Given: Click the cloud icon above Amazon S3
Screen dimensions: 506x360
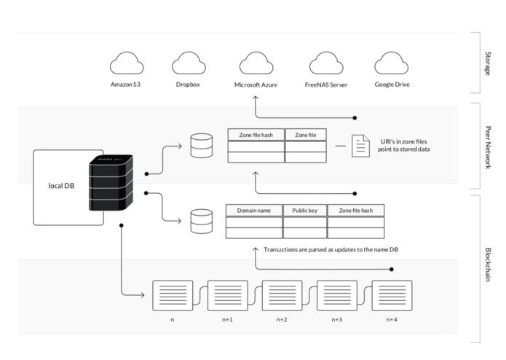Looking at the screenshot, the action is pos(127,63).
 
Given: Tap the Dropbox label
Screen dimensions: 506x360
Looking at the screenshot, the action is pos(188,85).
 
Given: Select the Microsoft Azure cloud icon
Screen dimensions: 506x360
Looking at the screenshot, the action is pos(256,63).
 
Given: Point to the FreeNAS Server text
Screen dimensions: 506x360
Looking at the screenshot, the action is pos(326,85).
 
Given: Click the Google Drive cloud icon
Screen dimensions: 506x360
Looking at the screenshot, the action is pos(392,63).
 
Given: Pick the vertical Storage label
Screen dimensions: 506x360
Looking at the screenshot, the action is pos(489,63).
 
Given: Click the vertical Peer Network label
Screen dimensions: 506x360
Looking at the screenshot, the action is pos(489,147).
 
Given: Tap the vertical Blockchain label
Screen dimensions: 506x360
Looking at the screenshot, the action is pos(489,265).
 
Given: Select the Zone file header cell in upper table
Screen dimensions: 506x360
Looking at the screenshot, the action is pos(306,135).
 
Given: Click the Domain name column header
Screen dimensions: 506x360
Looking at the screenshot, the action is pos(254,211).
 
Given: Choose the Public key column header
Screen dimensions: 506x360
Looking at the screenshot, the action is pos(305,211).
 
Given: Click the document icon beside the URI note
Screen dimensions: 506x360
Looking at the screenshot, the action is pos(360,146).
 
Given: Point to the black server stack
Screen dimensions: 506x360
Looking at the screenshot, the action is pos(111,183).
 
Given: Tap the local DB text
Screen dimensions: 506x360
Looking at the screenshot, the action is pos(61,186).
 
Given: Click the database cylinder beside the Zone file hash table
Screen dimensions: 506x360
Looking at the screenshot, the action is pos(202,146).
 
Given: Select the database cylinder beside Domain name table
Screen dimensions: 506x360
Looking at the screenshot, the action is pos(202,221).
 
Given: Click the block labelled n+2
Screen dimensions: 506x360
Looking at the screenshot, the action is pos(282,295).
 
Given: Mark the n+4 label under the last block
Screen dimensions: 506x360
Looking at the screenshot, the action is pos(392,320).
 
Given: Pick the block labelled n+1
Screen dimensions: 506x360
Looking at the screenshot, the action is pos(227,295).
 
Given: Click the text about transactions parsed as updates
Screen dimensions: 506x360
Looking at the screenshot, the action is pos(331,249).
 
